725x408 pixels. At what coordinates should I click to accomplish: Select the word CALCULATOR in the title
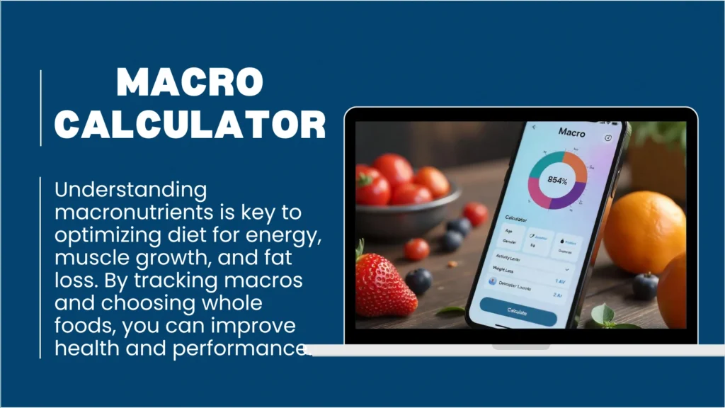190,125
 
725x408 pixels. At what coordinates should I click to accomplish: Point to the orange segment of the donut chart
577,166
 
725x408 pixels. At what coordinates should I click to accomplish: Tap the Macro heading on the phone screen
572,132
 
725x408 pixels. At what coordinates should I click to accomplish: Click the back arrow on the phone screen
534,127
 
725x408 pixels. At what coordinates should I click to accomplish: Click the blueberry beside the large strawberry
418,281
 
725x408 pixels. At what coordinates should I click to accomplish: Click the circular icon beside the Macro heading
608,137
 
